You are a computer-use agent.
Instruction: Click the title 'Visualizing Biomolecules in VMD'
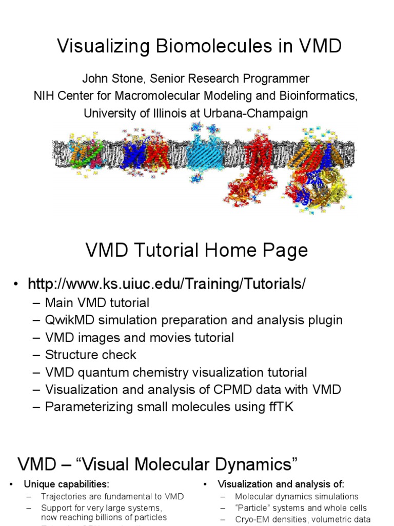[199, 46]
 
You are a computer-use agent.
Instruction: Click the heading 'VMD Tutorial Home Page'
[196, 251]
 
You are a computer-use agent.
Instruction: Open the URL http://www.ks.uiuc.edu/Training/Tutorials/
[167, 284]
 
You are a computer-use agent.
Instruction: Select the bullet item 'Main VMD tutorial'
[97, 303]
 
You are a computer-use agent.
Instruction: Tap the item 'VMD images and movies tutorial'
[139, 337]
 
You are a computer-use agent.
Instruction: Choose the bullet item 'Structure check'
[90, 355]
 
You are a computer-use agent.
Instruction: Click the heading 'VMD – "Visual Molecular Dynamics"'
[157, 464]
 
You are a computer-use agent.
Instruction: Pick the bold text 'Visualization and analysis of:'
[281, 484]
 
